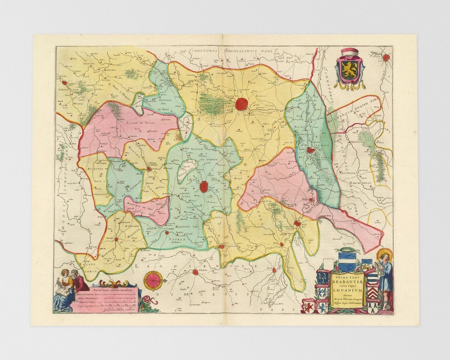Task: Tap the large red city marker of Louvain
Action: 241,104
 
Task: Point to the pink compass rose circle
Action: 152,280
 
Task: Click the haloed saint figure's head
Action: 384,255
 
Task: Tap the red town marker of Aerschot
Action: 310,150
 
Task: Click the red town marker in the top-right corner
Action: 386,57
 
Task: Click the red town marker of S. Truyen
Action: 195,272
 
